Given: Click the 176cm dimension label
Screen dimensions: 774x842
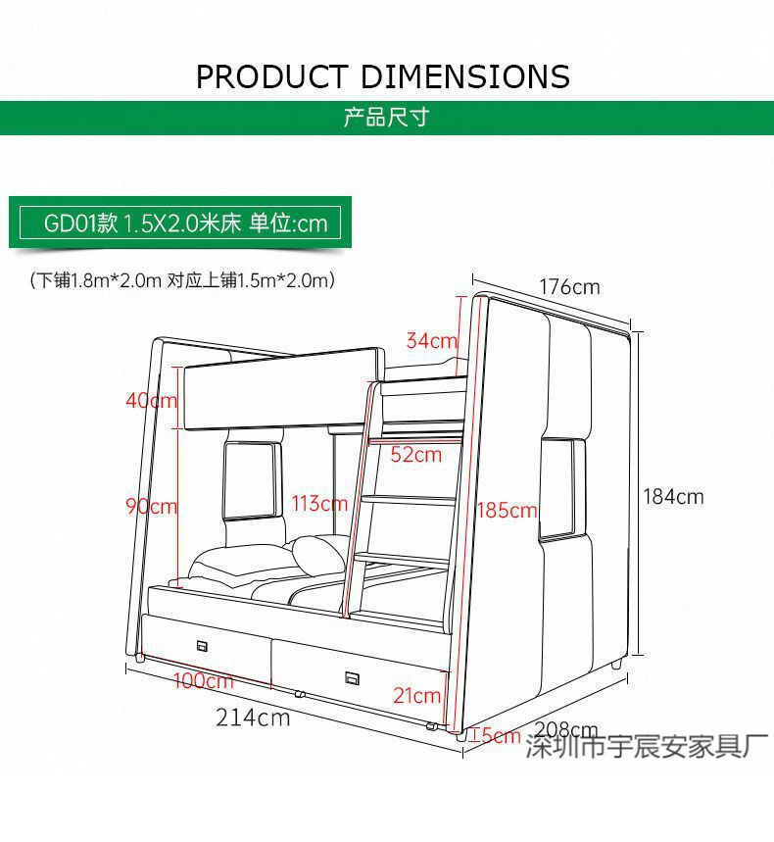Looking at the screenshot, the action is click(568, 287).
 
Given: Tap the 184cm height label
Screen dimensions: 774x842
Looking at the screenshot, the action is click(673, 497).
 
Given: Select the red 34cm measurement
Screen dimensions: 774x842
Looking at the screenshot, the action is click(431, 341).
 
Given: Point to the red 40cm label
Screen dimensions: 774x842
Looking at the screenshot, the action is click(151, 400).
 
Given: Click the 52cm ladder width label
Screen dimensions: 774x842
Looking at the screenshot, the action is click(415, 454).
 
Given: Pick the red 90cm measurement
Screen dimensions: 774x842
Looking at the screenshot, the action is click(151, 506).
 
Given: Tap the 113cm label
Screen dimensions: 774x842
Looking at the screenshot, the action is click(319, 504).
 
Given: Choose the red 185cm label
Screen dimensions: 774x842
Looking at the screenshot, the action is click(508, 510).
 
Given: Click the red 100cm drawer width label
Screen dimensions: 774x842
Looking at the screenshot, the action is click(204, 680).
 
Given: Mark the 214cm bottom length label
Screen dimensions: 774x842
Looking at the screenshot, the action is click(253, 718).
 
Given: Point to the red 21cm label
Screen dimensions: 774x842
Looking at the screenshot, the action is click(416, 696).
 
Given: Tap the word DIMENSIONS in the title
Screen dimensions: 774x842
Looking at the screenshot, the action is click(465, 76).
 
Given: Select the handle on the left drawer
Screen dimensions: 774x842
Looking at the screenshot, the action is click(204, 645).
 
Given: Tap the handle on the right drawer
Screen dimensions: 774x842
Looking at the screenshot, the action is click(351, 677).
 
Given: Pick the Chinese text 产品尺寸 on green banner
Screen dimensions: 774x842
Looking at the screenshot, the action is click(386, 119).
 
